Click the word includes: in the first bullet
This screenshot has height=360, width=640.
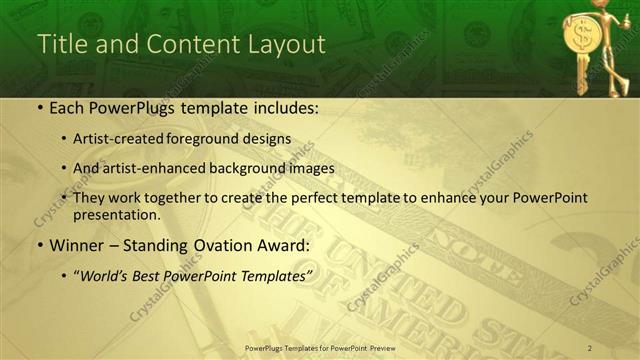tap(284, 108)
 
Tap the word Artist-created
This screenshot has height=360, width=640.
tap(117, 139)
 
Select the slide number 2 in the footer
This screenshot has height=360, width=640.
tap(590, 347)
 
